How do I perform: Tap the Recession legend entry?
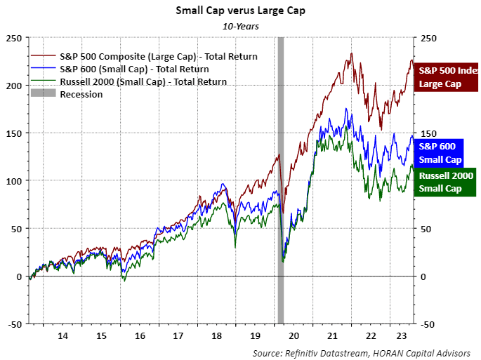tap(81, 94)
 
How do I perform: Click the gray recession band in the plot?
tap(281, 175)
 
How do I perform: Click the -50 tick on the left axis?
tap(14, 324)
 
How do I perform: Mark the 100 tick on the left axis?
tap(14, 180)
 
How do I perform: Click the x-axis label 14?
tap(62, 335)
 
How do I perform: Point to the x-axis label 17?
tap(178, 335)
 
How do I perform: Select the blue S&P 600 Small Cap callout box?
tap(437, 152)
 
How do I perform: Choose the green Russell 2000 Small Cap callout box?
tap(445, 182)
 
